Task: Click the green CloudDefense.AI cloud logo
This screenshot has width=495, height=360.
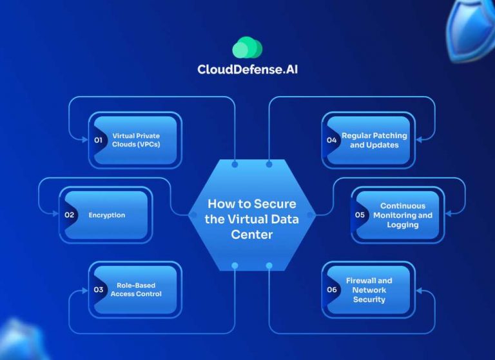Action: (x=247, y=48)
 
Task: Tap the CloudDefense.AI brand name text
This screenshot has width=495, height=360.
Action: (x=247, y=70)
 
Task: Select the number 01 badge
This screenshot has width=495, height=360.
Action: (x=99, y=140)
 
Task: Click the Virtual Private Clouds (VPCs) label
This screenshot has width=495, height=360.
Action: (x=136, y=140)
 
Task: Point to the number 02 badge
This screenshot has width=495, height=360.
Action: (x=69, y=215)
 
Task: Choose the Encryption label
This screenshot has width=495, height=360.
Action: (x=107, y=215)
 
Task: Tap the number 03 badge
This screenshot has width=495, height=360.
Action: (x=99, y=290)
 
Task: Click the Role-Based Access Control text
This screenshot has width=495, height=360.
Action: (x=136, y=290)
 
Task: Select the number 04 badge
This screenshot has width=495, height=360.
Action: (x=331, y=140)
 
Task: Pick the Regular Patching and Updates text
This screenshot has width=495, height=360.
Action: (x=374, y=140)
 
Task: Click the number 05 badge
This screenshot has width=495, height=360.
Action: (x=360, y=215)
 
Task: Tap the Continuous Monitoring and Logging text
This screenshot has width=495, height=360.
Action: (x=403, y=215)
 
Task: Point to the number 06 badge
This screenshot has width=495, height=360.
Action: (x=331, y=290)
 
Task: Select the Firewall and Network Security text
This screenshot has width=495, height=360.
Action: (x=369, y=290)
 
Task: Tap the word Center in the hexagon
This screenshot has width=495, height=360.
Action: (x=251, y=234)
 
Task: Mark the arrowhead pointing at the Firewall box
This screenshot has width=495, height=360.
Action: (x=420, y=291)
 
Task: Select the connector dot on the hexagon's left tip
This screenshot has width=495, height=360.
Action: (x=192, y=214)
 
